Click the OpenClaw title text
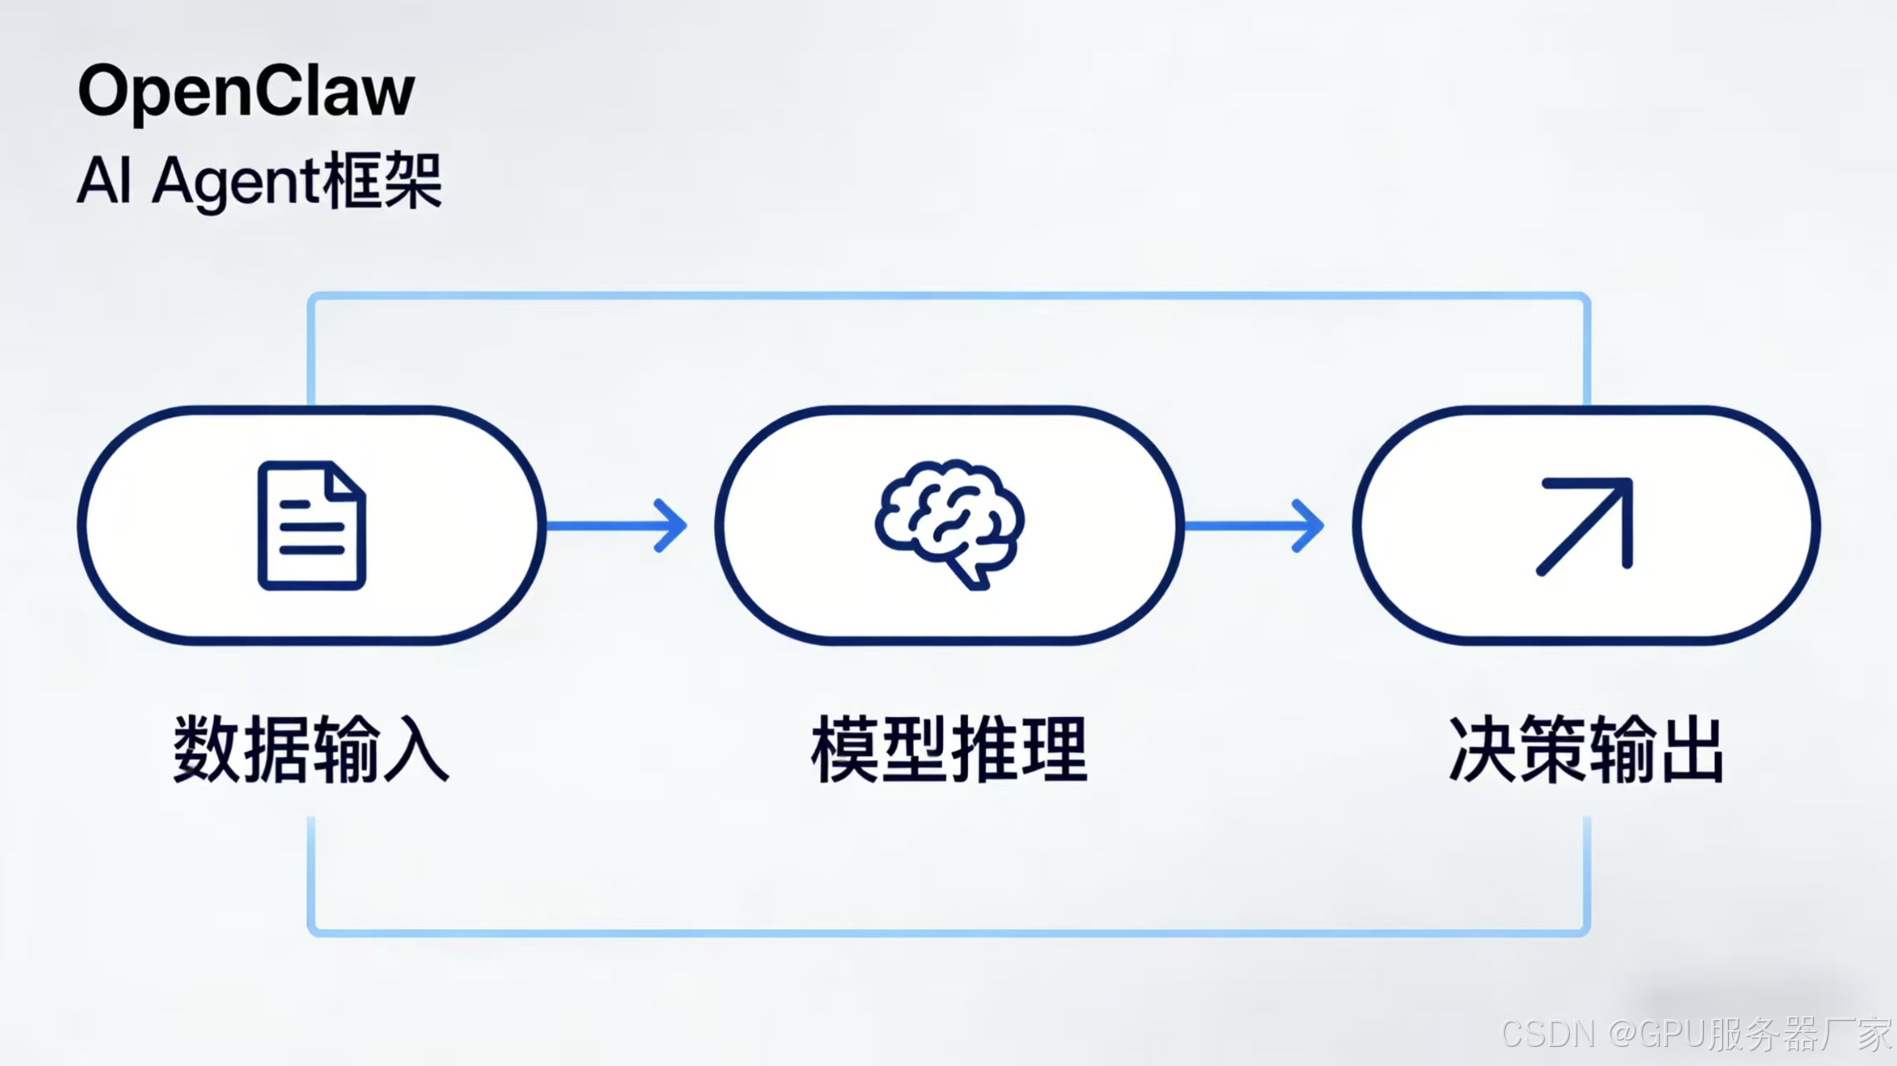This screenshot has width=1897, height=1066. (x=246, y=92)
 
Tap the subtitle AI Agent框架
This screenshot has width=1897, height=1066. (x=259, y=181)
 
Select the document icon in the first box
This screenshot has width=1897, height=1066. (x=311, y=526)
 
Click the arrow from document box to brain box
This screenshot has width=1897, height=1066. (x=616, y=526)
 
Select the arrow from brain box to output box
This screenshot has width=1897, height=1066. (x=1254, y=526)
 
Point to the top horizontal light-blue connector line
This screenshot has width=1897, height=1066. (x=949, y=296)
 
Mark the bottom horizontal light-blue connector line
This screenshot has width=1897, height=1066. (x=949, y=932)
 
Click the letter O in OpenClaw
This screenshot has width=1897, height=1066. (x=107, y=92)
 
